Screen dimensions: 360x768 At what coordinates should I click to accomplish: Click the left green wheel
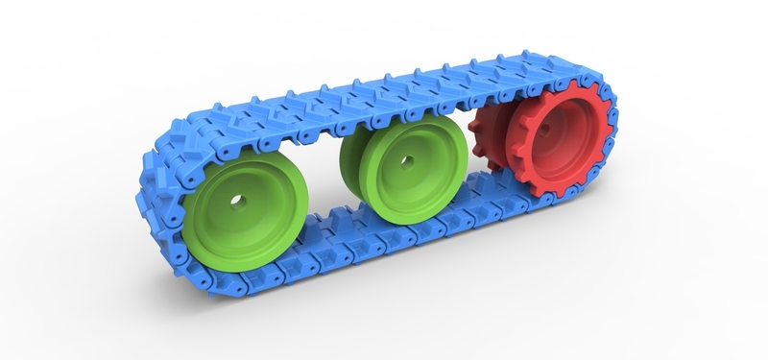point(245,226)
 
